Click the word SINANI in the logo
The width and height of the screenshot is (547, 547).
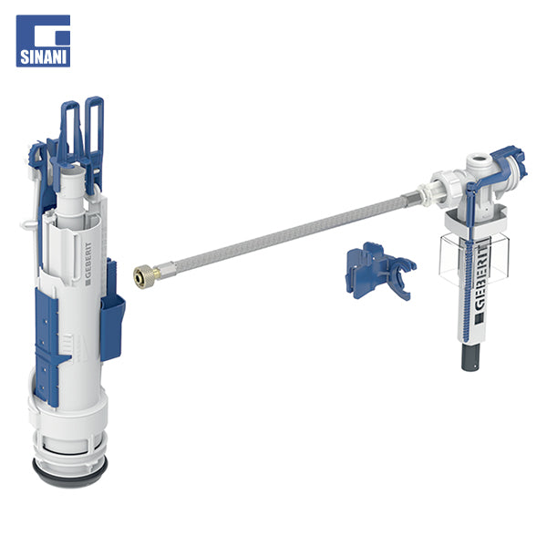pos(43,57)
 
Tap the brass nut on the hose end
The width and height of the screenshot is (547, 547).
pos(143,273)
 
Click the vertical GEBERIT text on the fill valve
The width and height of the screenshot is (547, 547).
pos(481,278)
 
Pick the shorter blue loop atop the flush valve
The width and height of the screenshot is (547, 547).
pos(69,129)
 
